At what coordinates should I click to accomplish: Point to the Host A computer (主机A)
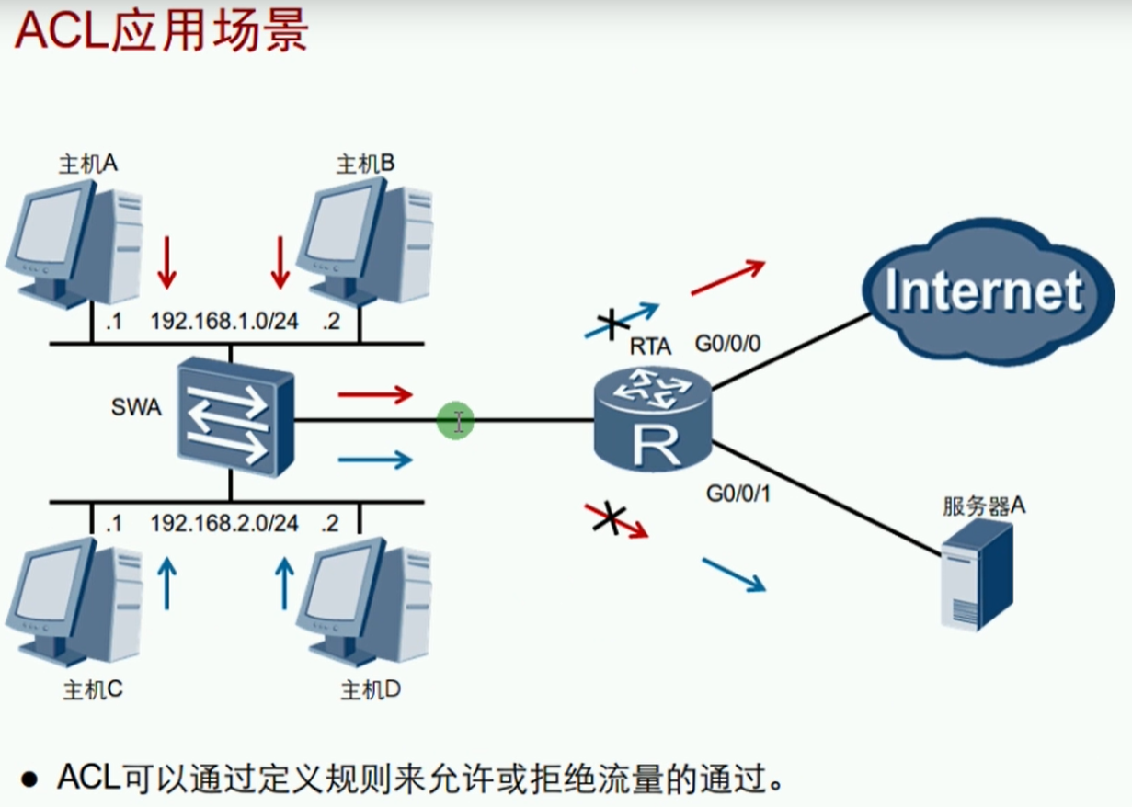tap(74, 242)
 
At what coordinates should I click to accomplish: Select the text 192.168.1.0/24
tap(223, 323)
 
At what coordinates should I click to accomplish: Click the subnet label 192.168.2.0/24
tap(223, 523)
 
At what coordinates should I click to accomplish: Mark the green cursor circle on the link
tap(456, 421)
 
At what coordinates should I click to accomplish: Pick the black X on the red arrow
tap(607, 518)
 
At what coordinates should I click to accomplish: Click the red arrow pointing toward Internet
tap(727, 278)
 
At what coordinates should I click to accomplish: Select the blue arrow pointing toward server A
tap(734, 574)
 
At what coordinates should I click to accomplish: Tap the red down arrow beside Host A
tap(166, 262)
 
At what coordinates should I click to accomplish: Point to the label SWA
tap(135, 407)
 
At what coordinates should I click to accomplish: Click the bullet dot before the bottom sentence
tap(30, 780)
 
